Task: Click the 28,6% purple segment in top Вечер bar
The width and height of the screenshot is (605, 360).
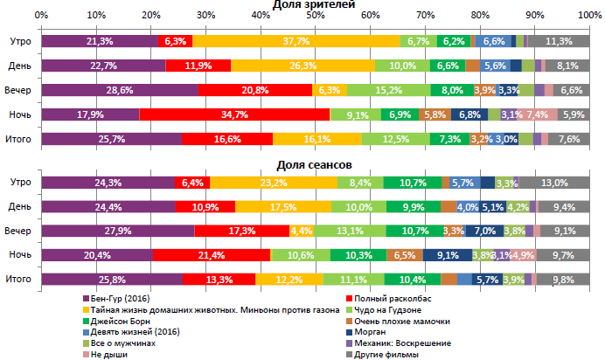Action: tap(120, 90)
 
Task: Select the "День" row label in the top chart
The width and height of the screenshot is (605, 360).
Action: tap(20, 66)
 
